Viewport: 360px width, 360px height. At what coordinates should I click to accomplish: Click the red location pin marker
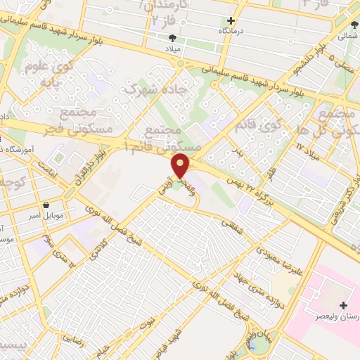tap(181, 165)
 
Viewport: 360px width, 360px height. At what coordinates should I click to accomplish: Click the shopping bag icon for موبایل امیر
tap(46, 206)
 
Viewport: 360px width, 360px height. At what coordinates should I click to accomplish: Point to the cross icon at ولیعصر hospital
tap(343, 305)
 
